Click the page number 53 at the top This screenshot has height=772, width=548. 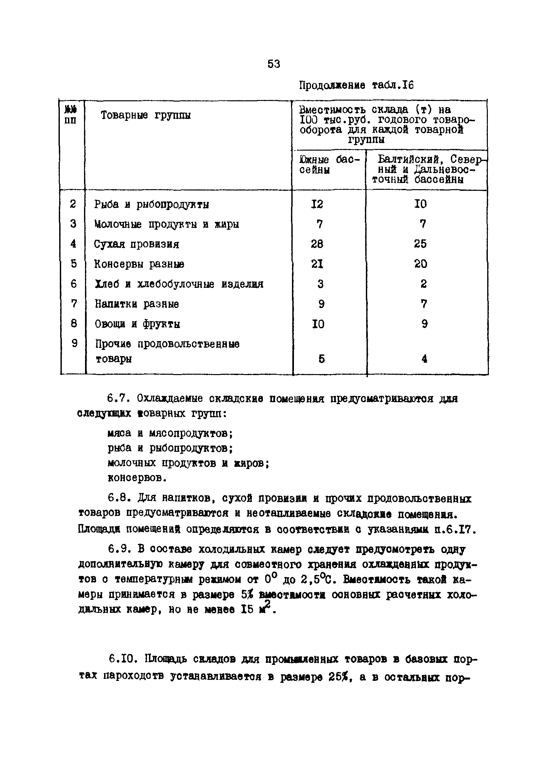click(273, 64)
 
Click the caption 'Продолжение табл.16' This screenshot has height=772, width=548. click(356, 85)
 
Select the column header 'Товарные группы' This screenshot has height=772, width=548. click(146, 115)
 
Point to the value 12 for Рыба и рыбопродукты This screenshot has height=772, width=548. click(317, 204)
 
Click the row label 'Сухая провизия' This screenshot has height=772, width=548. click(137, 244)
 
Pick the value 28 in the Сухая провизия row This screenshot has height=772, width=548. click(317, 244)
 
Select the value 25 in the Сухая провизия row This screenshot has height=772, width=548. click(420, 244)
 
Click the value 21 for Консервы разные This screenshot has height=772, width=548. click(317, 264)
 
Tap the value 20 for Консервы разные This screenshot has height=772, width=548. click(420, 264)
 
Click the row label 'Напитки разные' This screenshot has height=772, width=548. click(137, 304)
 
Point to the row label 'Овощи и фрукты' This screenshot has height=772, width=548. click(137, 324)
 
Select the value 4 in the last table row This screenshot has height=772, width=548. click(424, 359)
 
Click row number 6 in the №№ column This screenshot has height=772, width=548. click(74, 284)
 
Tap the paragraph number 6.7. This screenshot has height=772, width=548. click(118, 399)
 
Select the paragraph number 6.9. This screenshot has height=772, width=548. click(119, 550)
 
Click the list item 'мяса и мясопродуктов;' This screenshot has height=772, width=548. click(170, 433)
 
